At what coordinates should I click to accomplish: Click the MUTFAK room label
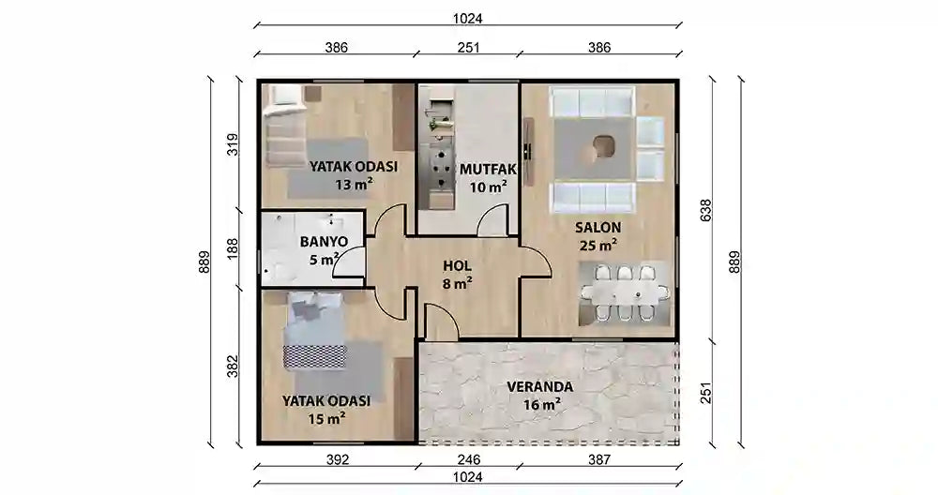pos(483,170)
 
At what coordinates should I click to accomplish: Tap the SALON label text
pos(598,227)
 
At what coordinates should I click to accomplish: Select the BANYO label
pos(324,241)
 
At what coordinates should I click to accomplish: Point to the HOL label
pos(457,265)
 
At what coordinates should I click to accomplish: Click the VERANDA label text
pos(539,386)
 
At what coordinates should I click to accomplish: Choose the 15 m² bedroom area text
pos(326,418)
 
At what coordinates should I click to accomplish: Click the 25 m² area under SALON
pos(598,246)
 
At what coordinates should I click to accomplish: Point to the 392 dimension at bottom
pos(338,459)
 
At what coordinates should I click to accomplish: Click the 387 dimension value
pos(598,459)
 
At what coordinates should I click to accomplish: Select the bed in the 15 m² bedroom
pos(315,330)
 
